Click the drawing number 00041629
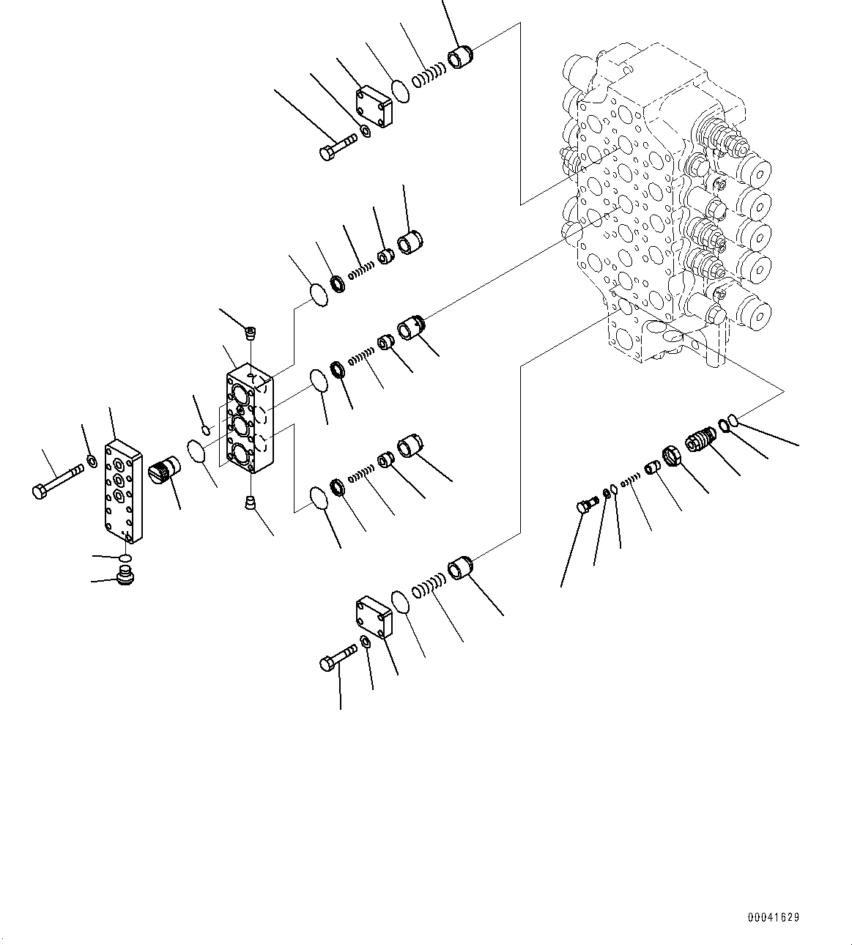click(774, 917)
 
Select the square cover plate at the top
click(374, 106)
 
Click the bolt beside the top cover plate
click(335, 149)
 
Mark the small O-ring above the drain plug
click(126, 560)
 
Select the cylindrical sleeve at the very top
click(461, 57)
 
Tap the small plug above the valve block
click(251, 333)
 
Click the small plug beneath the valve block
click(250, 503)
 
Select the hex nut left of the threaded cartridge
click(673, 457)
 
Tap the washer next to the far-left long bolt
click(92, 461)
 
